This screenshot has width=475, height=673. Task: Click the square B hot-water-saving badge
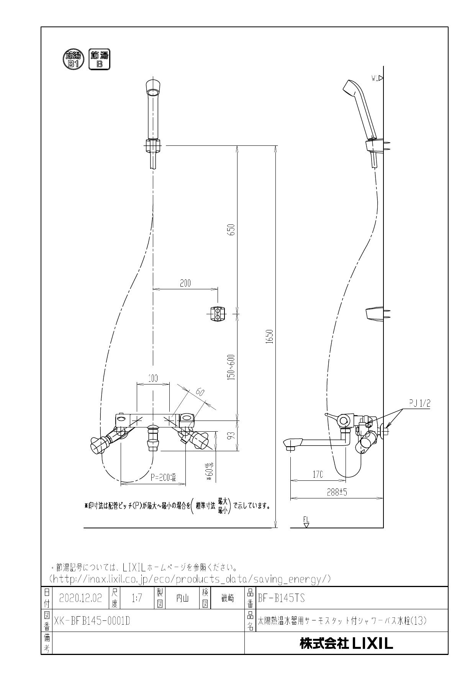tap(99, 60)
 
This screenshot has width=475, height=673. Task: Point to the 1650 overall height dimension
tap(270, 336)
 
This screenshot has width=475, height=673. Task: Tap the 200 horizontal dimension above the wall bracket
tap(185, 283)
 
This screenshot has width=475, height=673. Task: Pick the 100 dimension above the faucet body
tap(153, 378)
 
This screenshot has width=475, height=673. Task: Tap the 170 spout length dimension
tap(318, 475)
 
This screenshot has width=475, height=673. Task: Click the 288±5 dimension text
tap(337, 493)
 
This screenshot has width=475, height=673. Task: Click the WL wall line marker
tap(377, 78)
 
